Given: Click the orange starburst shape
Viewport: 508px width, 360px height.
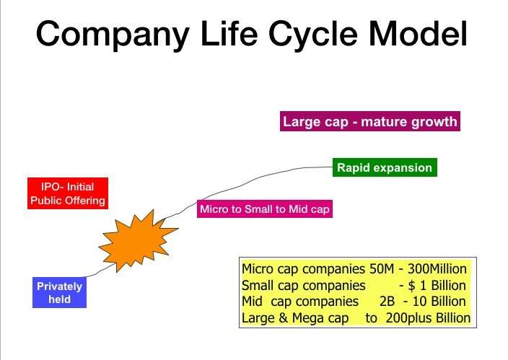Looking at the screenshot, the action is (x=138, y=240).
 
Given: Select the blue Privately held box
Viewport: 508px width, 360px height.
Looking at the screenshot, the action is (x=59, y=293).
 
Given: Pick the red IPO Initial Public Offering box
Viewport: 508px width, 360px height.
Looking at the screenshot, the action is (x=68, y=193).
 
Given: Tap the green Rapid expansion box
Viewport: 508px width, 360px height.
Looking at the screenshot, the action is (x=385, y=167).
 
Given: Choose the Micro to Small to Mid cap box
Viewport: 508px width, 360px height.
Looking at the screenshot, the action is (x=265, y=209).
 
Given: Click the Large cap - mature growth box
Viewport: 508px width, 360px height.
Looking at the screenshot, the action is (x=370, y=121).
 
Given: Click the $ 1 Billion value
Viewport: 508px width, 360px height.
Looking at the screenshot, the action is (x=437, y=286).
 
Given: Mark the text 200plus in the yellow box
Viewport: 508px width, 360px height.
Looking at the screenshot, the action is (x=409, y=318).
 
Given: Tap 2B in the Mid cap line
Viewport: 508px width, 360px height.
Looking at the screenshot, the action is (x=387, y=302).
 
